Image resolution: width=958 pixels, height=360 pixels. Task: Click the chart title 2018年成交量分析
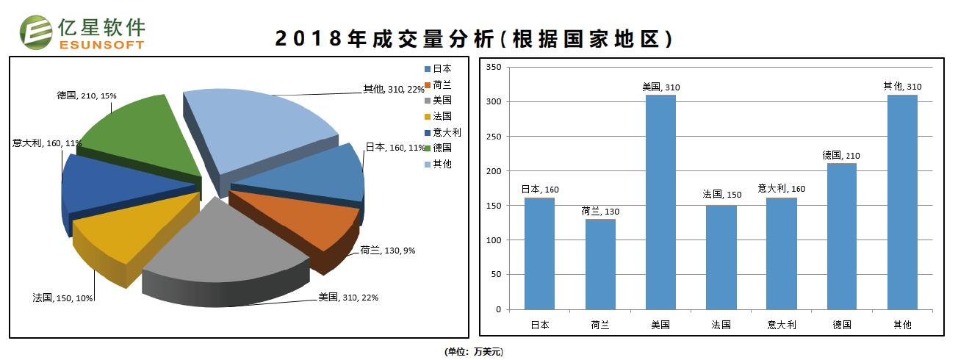474,39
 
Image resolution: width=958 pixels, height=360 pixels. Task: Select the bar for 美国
660,202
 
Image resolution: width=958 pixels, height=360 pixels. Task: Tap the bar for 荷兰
600,264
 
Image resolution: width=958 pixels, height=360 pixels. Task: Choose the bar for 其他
902,202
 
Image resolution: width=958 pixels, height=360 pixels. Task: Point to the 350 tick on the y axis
494,68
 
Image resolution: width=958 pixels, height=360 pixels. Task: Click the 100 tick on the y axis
494,240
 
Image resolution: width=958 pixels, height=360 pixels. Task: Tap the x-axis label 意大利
781,324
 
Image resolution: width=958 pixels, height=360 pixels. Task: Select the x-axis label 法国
721,324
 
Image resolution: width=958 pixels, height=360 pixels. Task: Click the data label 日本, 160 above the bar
540,190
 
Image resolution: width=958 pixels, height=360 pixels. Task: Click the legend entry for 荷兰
442,84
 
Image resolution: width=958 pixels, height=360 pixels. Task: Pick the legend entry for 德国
442,148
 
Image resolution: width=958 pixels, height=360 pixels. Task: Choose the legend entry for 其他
442,164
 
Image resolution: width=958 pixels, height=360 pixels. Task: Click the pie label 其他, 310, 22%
393,89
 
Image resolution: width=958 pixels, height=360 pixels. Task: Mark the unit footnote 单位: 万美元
474,352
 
